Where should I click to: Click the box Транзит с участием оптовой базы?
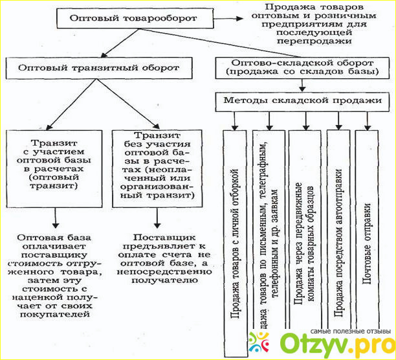(x=54, y=166)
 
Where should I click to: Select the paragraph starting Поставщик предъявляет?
(x=162, y=262)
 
